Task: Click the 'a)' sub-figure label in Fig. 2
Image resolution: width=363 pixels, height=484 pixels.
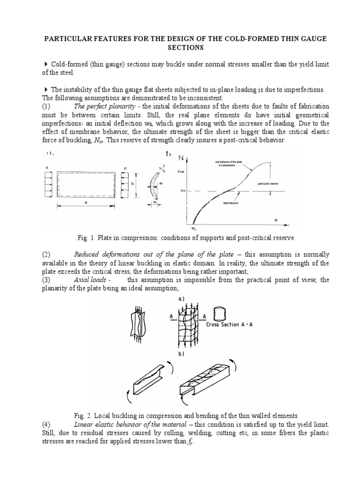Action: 181,299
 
